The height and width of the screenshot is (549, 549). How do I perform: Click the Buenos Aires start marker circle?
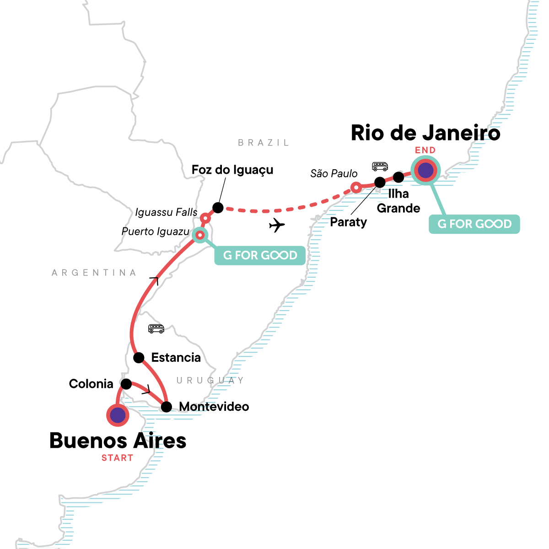click(118, 415)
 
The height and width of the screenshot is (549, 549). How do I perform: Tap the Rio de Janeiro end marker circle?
click(425, 170)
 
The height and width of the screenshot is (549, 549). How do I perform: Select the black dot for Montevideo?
click(167, 407)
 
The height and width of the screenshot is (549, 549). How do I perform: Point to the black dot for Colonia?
click(126, 384)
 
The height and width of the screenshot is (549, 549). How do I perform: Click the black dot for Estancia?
click(139, 357)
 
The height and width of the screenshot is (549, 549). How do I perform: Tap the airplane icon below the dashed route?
click(277, 225)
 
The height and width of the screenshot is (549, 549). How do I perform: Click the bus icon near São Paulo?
click(380, 166)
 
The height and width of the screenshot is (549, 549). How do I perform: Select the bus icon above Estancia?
click(156, 328)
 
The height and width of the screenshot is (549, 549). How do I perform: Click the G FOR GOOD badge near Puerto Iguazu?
click(260, 255)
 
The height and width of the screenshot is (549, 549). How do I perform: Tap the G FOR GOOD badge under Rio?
click(474, 224)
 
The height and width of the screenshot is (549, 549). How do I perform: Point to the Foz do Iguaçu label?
click(232, 170)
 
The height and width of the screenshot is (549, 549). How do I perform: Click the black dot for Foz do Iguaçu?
click(218, 208)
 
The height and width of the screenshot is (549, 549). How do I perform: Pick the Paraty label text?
click(348, 222)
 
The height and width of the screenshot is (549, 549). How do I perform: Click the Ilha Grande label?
click(398, 201)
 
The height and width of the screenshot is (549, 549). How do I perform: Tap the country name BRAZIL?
click(264, 143)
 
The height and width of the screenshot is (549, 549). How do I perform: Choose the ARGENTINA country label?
click(94, 273)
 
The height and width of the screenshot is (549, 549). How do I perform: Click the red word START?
click(117, 458)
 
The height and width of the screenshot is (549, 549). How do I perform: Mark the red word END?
click(425, 150)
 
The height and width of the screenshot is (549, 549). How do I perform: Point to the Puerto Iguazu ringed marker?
click(200, 235)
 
